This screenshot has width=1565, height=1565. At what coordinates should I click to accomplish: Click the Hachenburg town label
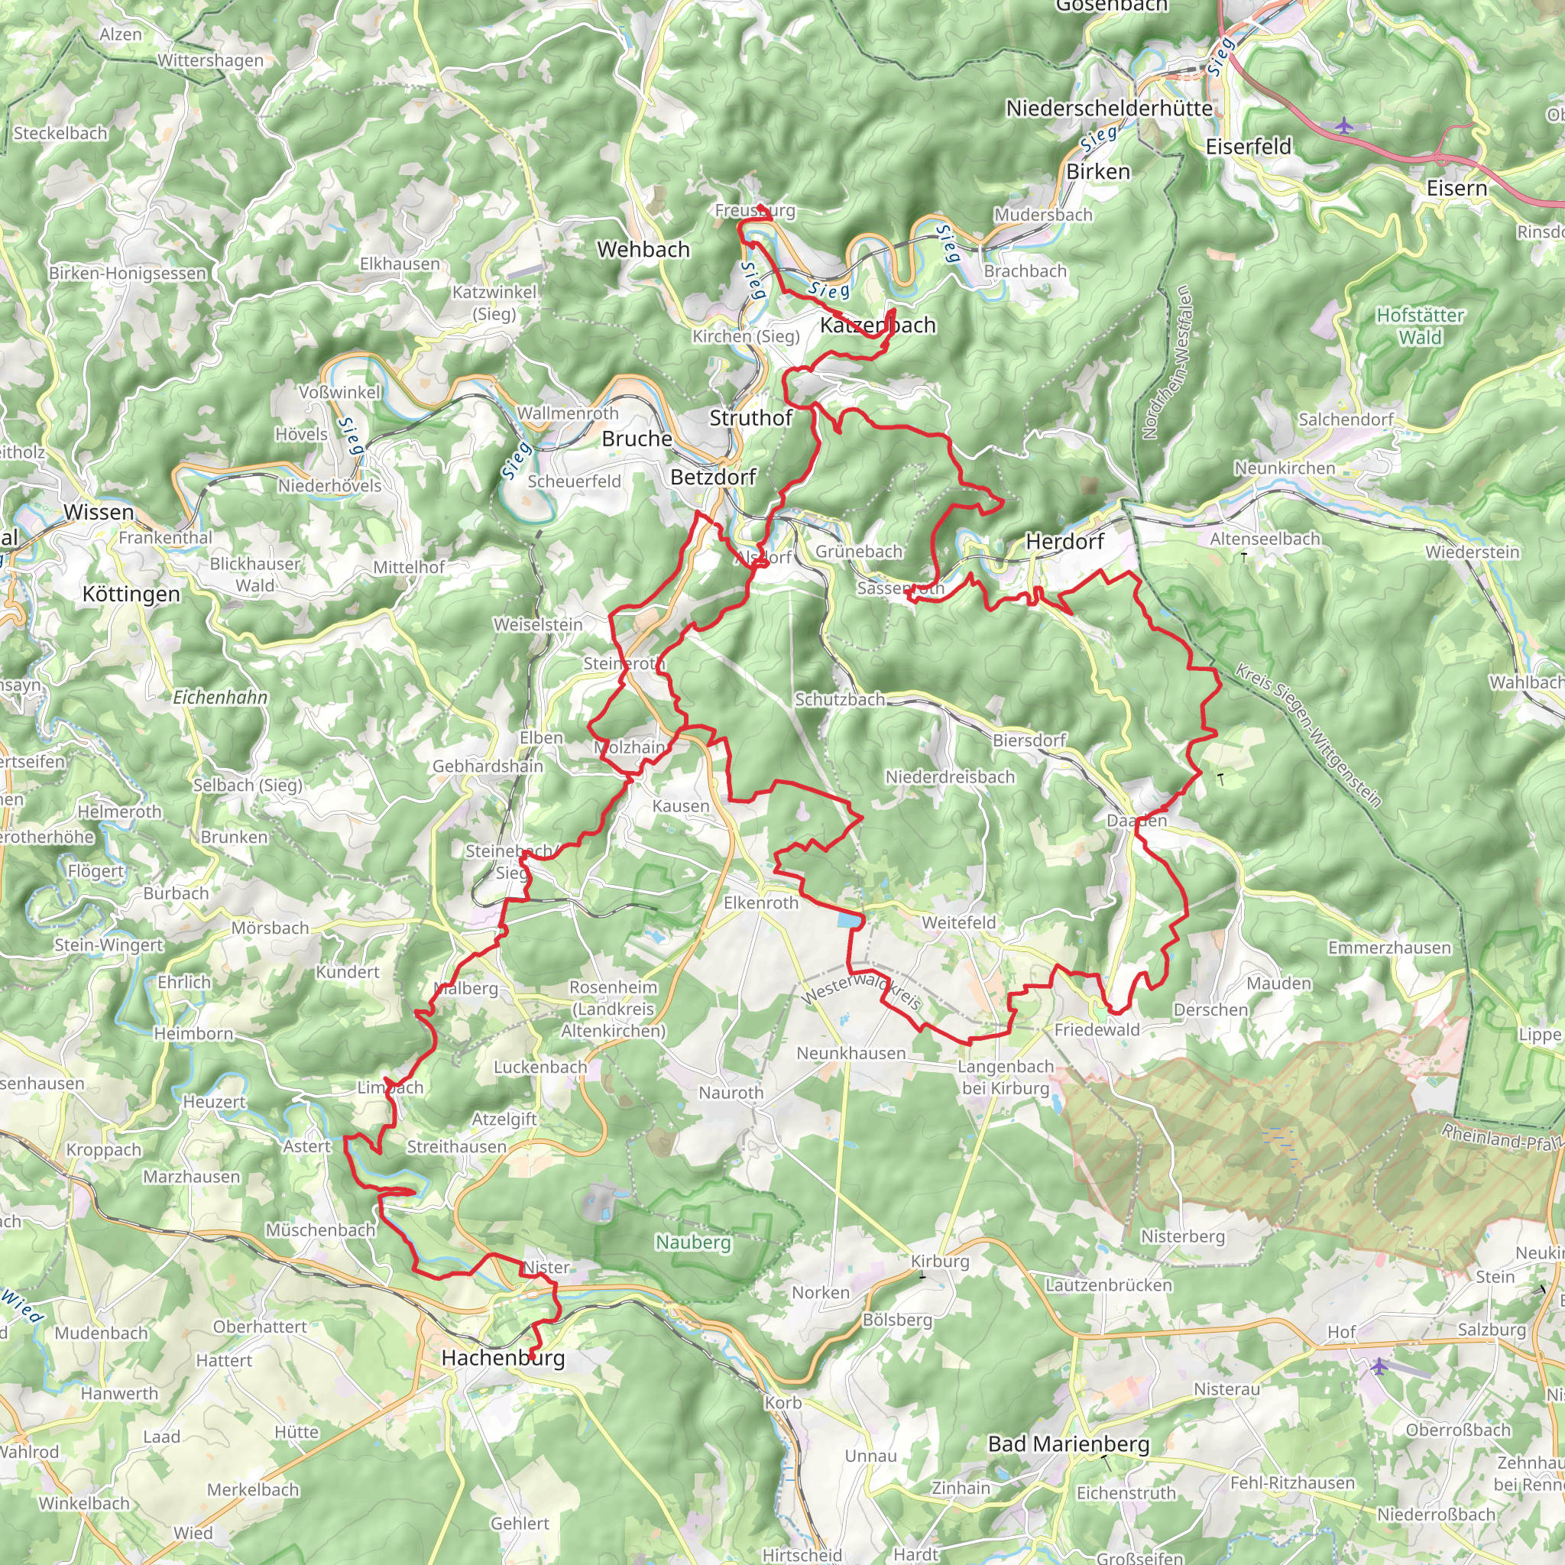[502, 1358]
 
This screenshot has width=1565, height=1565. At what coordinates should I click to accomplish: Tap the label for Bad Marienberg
[1068, 1443]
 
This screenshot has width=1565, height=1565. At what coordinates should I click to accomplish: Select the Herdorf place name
[1064, 541]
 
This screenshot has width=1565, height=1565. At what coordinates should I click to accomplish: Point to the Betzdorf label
[713, 477]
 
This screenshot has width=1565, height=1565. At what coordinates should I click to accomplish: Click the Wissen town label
[99, 512]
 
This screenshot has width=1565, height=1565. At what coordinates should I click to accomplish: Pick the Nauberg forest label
[693, 1242]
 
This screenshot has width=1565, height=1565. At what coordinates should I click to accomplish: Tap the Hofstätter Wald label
[1420, 326]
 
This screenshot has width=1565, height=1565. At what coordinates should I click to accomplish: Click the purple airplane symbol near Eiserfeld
[1344, 125]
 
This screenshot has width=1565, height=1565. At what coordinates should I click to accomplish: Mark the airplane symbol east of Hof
[1379, 1367]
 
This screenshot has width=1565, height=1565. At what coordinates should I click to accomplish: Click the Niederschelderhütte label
[1109, 108]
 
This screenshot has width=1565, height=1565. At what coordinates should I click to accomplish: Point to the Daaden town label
[1136, 821]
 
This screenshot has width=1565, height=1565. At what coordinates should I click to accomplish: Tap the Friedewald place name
[1097, 1029]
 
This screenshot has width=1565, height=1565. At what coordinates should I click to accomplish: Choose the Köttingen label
[131, 594]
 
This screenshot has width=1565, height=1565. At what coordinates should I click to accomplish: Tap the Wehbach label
[643, 249]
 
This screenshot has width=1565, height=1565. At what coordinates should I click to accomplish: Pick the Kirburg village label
[940, 1261]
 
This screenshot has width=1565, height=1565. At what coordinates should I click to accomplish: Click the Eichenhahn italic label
[219, 697]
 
